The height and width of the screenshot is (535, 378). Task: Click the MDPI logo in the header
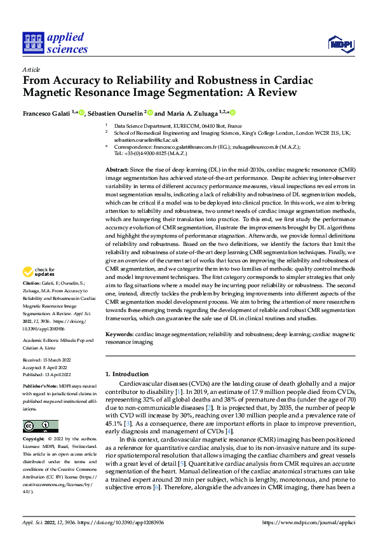[340, 43]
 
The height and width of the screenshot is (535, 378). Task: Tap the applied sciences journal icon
[32, 43]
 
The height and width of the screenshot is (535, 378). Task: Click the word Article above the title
[31, 69]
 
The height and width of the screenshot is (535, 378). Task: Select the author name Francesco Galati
[46, 113]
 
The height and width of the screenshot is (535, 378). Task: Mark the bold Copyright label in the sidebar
[34, 439]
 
